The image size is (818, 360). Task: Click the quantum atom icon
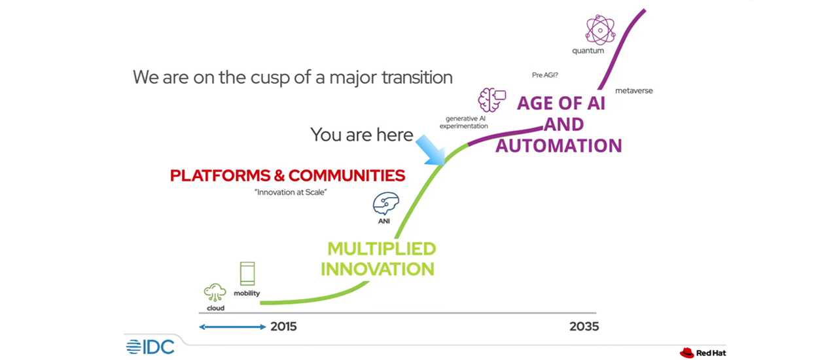(x=600, y=29)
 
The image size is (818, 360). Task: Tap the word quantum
(x=588, y=51)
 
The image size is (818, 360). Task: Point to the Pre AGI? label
(x=545, y=75)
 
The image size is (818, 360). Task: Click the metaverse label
(x=634, y=90)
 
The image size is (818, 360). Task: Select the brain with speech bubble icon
(x=492, y=99)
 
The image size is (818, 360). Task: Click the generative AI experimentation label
(x=464, y=122)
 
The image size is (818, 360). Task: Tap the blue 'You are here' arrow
(x=430, y=150)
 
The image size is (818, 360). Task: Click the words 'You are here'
(x=361, y=135)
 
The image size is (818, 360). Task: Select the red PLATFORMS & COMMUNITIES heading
(x=288, y=175)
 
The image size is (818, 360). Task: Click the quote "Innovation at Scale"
(x=291, y=192)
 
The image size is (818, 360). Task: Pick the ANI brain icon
(x=385, y=204)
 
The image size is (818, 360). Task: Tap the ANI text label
(x=383, y=221)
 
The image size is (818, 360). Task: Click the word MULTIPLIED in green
(x=382, y=249)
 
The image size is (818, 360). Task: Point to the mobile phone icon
(x=247, y=274)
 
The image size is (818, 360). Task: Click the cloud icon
(x=215, y=293)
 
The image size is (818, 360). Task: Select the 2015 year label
(x=283, y=327)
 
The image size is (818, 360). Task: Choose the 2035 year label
(x=584, y=327)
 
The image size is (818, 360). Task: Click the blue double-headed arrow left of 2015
(x=232, y=327)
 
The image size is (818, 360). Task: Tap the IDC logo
(x=151, y=347)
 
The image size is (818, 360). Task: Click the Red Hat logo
(x=703, y=353)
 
